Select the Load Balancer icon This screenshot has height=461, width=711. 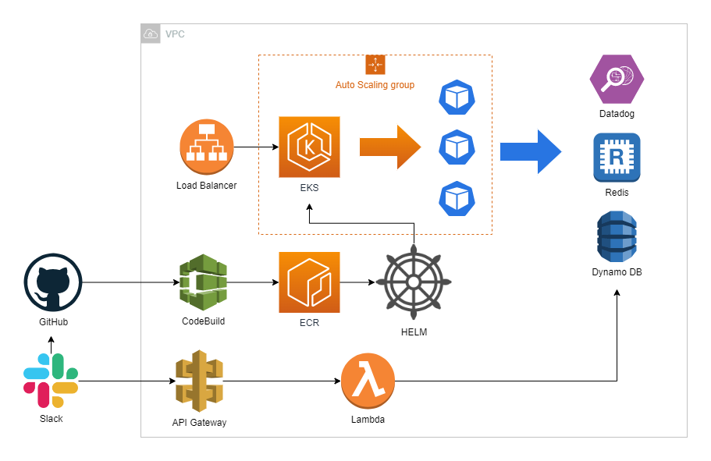[207, 147]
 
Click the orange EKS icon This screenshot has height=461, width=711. [309, 147]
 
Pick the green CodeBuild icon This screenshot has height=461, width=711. [203, 282]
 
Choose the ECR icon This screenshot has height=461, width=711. [309, 282]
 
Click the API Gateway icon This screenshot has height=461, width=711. [199, 382]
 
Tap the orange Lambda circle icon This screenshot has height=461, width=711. [368, 381]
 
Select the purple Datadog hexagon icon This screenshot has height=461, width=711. [617, 79]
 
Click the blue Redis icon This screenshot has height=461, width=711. [617, 158]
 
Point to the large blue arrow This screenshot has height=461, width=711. [531, 151]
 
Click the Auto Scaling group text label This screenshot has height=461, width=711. [375, 84]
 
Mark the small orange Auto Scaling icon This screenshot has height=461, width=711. [375, 65]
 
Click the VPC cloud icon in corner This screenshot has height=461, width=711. [151, 34]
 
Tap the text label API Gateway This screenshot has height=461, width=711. [199, 422]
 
